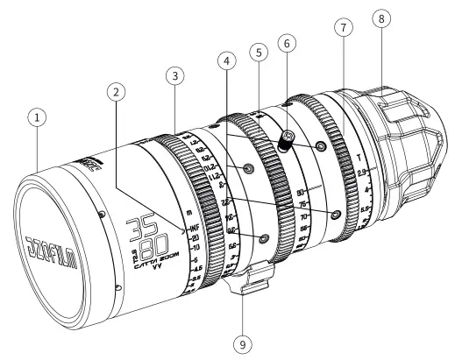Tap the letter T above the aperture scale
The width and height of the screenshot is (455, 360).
point(364,154)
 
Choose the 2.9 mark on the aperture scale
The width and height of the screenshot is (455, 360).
point(366,173)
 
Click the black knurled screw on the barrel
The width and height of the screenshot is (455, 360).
point(287,138)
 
